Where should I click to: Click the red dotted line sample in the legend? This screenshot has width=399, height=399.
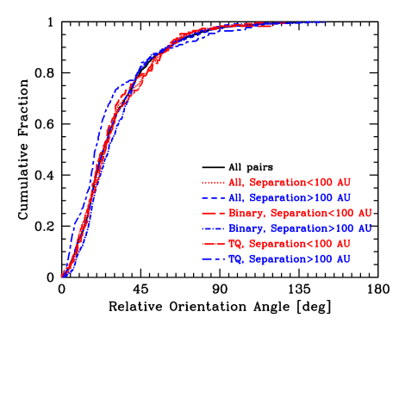point(212,183)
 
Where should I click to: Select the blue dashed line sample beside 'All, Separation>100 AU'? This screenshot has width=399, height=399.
point(212,198)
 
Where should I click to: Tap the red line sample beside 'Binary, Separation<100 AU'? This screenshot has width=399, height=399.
point(212,213)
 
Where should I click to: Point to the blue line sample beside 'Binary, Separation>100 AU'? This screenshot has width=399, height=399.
point(212,228)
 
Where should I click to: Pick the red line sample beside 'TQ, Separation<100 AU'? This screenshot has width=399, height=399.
point(212,244)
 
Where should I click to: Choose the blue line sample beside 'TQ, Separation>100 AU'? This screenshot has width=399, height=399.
point(212,259)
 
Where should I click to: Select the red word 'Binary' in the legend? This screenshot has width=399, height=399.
point(246,213)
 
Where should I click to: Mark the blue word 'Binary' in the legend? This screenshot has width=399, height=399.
point(246,228)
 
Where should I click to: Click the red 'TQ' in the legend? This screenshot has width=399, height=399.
point(235,244)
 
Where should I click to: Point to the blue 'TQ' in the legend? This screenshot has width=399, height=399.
point(235,259)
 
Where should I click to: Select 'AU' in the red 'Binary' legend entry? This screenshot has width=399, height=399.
point(365,213)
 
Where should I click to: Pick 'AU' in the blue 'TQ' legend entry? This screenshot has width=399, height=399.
point(342,259)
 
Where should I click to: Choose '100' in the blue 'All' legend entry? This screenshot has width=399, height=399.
point(321,198)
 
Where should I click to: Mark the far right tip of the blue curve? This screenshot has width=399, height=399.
point(324,22)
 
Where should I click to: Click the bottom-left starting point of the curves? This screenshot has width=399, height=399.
point(62,276)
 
